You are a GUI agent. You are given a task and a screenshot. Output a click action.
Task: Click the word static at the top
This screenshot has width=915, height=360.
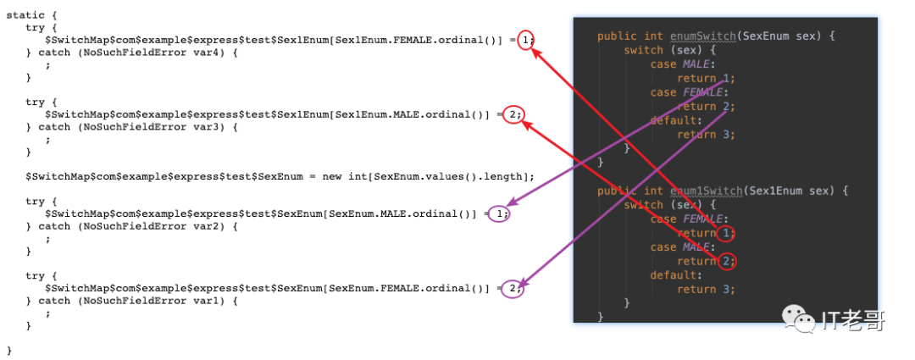pyautogui.click(x=25, y=15)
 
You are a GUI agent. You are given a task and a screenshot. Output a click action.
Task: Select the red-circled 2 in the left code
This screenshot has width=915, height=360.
pyautogui.click(x=513, y=114)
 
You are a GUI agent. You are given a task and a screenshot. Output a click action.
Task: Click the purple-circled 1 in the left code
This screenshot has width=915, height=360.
pyautogui.click(x=500, y=213)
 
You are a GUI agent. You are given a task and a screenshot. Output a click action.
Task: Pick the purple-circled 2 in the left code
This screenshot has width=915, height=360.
pyautogui.click(x=512, y=288)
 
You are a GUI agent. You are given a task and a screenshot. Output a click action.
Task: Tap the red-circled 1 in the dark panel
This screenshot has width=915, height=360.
pyautogui.click(x=724, y=233)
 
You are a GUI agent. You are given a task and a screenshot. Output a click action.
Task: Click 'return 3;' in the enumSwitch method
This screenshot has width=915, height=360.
pyautogui.click(x=706, y=134)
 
